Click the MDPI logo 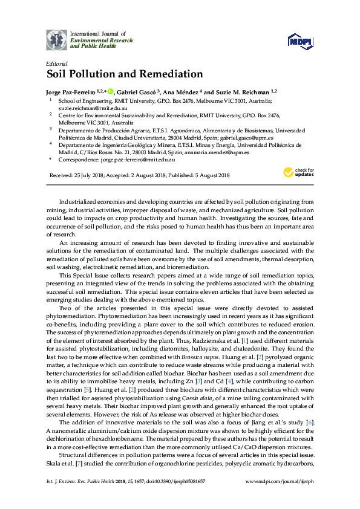pyautogui.click(x=299, y=40)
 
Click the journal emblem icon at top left pyautogui.click(x=57, y=39)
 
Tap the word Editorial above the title pyautogui.click(x=56, y=63)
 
